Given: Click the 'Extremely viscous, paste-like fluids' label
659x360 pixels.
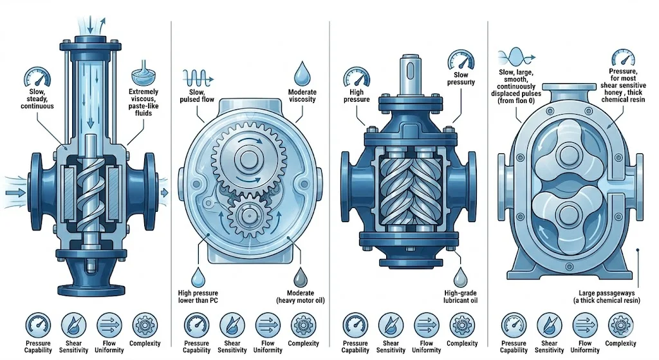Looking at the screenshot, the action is [144, 102].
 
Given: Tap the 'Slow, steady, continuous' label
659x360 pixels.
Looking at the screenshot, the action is [37, 99].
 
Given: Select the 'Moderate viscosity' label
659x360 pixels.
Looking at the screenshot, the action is [302, 95].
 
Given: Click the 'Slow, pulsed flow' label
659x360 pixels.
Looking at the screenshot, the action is [197, 95].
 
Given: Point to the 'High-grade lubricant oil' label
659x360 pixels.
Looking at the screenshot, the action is [460, 296].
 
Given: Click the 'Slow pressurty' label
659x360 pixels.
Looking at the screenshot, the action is [461, 78].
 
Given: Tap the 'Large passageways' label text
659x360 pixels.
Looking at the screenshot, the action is [606, 293].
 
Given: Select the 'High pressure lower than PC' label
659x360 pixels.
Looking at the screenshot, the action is [198, 296].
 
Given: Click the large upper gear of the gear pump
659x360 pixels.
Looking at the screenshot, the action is [248, 158].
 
